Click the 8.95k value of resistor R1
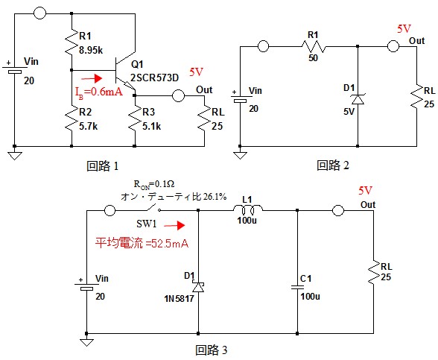coord(91,51)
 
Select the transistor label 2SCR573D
coord(154,78)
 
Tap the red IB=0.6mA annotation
coord(99,92)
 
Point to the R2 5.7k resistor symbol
coord(72,119)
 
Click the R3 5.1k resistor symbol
coord(135,119)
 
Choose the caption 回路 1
coord(103,166)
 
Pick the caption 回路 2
coord(333,165)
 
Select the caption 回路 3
coord(212,350)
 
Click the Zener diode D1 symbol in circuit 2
coord(358,99)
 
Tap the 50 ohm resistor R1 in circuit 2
coord(314,46)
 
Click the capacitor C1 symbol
coord(297,287)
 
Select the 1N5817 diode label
coord(179,299)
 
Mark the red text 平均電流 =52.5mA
coord(142,243)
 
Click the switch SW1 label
coord(146,224)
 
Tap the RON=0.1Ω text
coord(154,185)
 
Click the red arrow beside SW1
coord(174,225)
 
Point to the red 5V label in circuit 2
coord(404,29)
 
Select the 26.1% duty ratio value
coord(215,197)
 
